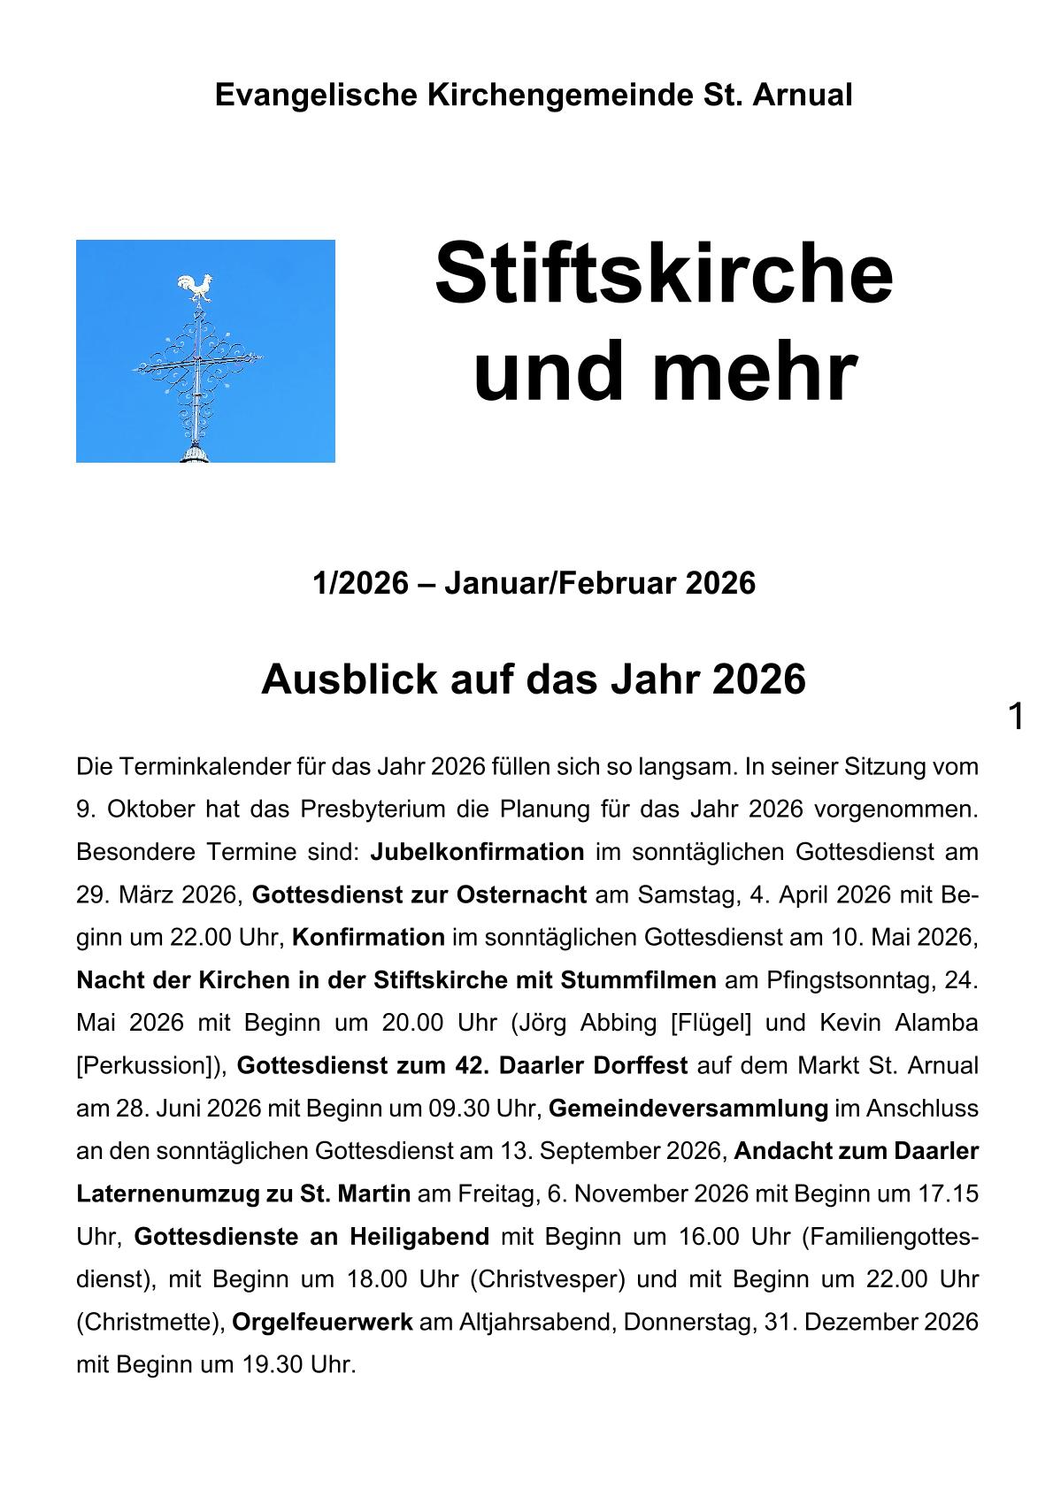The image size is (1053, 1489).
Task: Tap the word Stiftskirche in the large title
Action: (664, 273)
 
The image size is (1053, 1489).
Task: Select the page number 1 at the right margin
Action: (1017, 717)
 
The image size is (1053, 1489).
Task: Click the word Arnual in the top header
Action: (803, 95)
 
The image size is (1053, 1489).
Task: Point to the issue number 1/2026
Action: (360, 584)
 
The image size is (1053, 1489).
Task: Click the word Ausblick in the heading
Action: (344, 679)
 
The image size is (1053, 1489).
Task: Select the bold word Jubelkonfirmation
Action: (477, 852)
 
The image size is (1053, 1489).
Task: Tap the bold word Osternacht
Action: (521, 894)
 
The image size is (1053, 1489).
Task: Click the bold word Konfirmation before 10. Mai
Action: (368, 937)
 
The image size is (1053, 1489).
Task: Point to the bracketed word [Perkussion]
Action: (151, 1065)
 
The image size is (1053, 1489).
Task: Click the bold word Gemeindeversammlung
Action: (688, 1108)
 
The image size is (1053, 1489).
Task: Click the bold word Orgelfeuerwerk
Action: (322, 1322)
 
